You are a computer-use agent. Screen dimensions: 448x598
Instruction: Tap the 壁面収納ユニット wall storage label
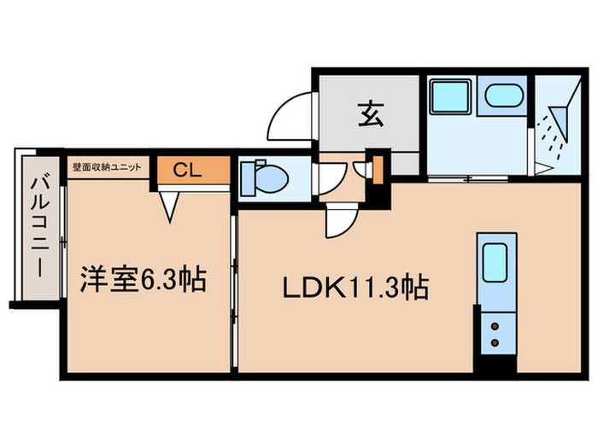click(110, 167)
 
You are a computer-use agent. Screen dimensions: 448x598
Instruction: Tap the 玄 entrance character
click(369, 113)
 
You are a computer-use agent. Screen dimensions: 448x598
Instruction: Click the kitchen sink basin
click(495, 265)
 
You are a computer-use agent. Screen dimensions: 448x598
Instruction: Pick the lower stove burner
click(495, 341)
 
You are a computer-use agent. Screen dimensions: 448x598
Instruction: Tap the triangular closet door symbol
click(171, 205)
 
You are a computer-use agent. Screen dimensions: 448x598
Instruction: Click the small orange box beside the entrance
click(377, 165)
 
